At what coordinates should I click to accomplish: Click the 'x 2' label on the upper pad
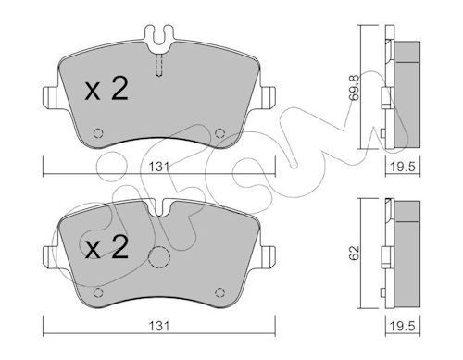(x=106, y=91)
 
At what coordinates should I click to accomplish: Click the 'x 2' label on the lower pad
(x=106, y=248)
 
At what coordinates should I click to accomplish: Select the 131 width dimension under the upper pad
(x=160, y=169)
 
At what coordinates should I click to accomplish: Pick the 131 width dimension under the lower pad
(x=160, y=327)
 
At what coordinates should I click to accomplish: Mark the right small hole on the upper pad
(x=219, y=130)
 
